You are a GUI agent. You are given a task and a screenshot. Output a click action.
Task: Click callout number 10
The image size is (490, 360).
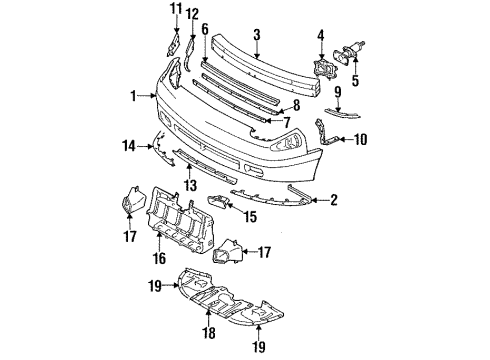tap(361, 140)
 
